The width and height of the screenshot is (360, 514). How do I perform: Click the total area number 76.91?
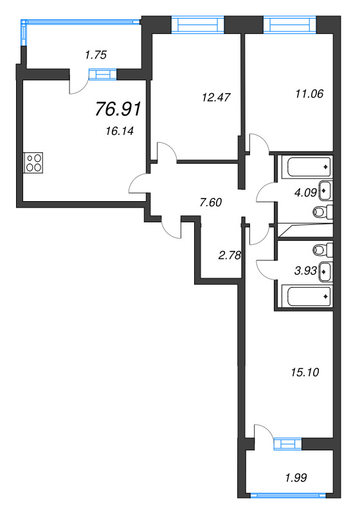coord(118,109)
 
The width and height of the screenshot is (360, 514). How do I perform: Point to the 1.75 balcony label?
coord(95,55)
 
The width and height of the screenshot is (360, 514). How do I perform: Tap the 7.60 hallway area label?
coord(211,202)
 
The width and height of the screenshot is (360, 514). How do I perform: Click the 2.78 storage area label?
coord(229,255)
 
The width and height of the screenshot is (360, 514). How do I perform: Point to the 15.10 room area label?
coord(305,372)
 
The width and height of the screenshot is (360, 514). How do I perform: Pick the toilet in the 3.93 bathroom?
coord(323,249)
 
